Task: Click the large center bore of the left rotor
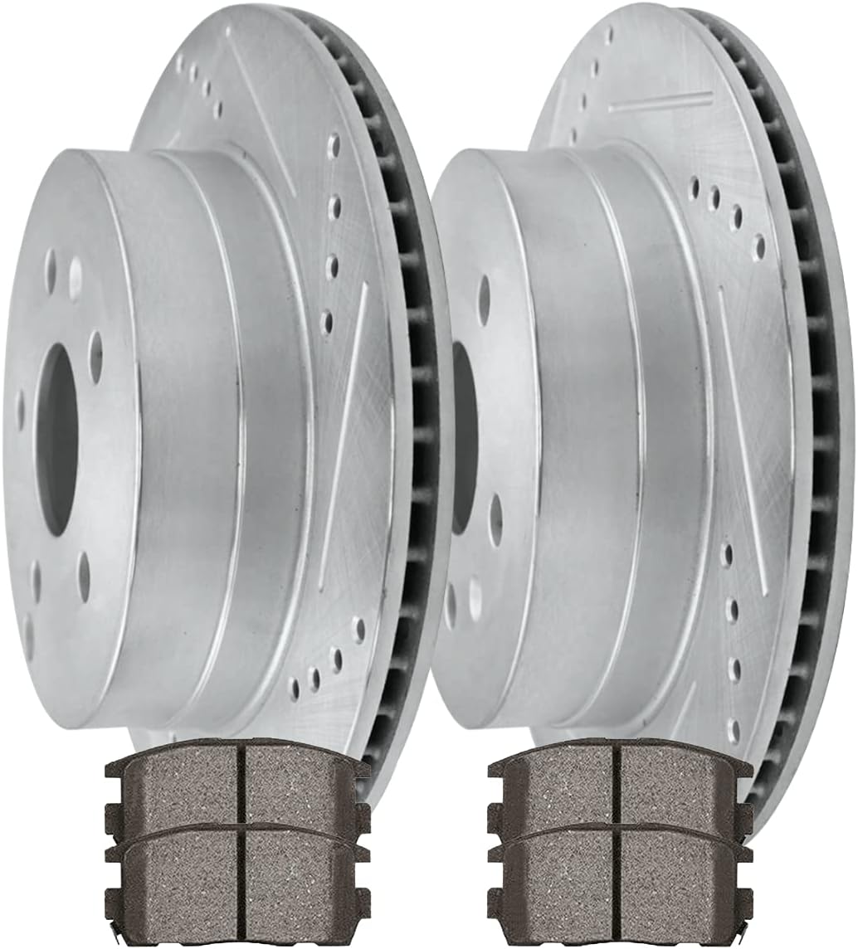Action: [58, 440]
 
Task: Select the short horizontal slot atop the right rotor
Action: [661, 102]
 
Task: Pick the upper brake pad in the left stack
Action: [237, 784]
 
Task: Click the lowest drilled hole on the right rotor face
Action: [733, 730]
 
